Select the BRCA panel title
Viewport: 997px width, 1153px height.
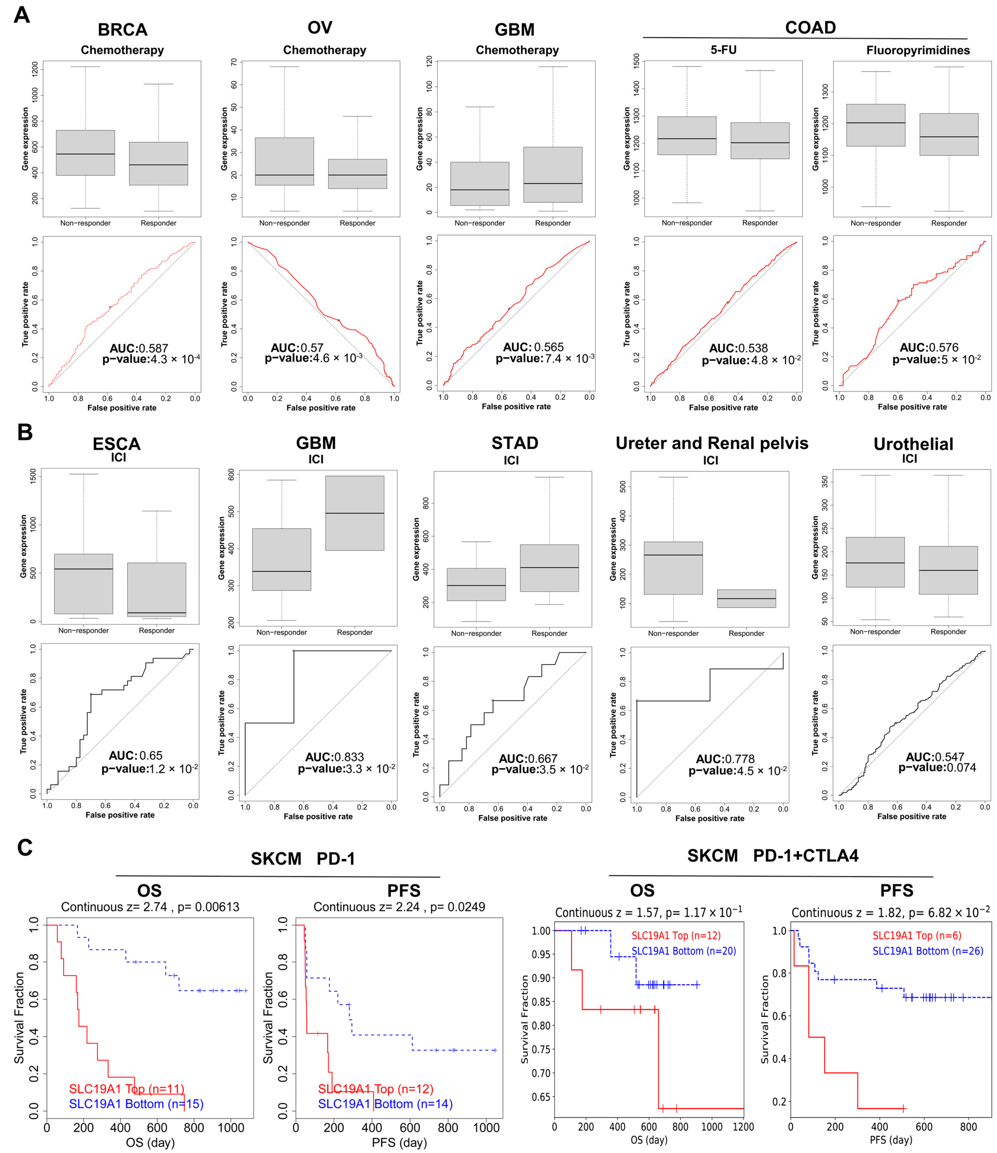tap(123, 29)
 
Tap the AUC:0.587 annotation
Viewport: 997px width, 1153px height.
tap(139, 348)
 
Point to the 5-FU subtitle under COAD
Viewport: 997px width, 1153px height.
tap(724, 50)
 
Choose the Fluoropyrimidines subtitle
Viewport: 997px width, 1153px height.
tap(918, 51)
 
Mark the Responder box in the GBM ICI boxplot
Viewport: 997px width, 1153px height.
tap(355, 513)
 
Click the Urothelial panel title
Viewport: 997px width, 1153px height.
tap(913, 444)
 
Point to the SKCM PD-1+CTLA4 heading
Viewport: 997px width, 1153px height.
tap(773, 855)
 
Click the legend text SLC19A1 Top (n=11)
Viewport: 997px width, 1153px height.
tap(127, 1089)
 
